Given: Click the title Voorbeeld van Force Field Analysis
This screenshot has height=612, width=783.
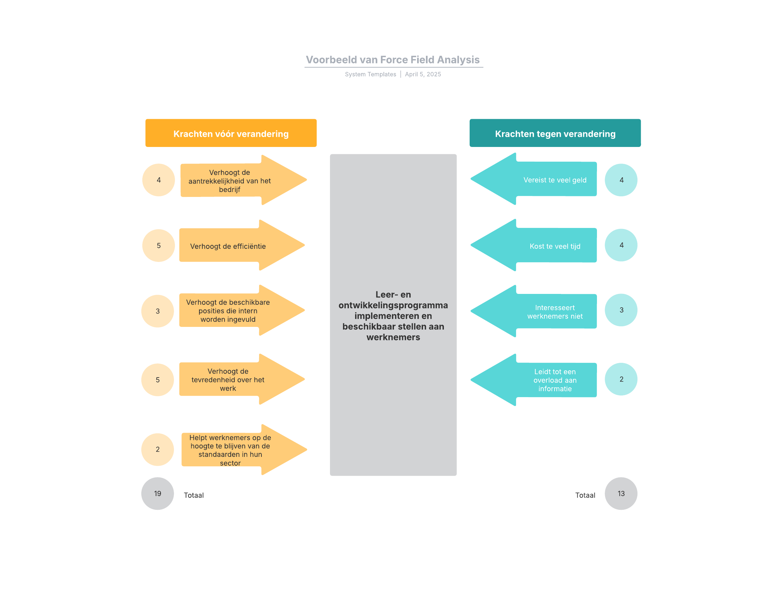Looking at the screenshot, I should (393, 59).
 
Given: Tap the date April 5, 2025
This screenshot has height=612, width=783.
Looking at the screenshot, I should (423, 74).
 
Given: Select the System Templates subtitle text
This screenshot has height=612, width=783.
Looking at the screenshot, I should (370, 74).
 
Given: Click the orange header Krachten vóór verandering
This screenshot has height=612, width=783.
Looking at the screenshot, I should (231, 133).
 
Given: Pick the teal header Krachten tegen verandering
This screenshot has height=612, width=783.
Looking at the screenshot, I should (555, 133).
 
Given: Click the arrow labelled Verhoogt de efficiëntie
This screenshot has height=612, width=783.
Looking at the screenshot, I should (237, 246).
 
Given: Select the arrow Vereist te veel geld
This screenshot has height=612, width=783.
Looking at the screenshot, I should (541, 179).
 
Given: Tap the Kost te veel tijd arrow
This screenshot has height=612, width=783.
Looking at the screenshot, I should (541, 246).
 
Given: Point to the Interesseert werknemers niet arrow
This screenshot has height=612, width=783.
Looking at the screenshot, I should (541, 311).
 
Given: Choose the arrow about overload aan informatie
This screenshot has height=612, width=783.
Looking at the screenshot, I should (541, 380).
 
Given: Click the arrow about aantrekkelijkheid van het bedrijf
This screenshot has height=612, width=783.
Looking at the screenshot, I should (237, 181).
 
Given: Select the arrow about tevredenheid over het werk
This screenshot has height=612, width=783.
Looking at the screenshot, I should (237, 379).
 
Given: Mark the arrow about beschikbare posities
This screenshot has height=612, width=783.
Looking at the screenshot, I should (237, 311).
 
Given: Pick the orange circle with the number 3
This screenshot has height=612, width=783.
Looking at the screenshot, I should (157, 311).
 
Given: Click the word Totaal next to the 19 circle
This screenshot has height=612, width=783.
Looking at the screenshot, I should (194, 495).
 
